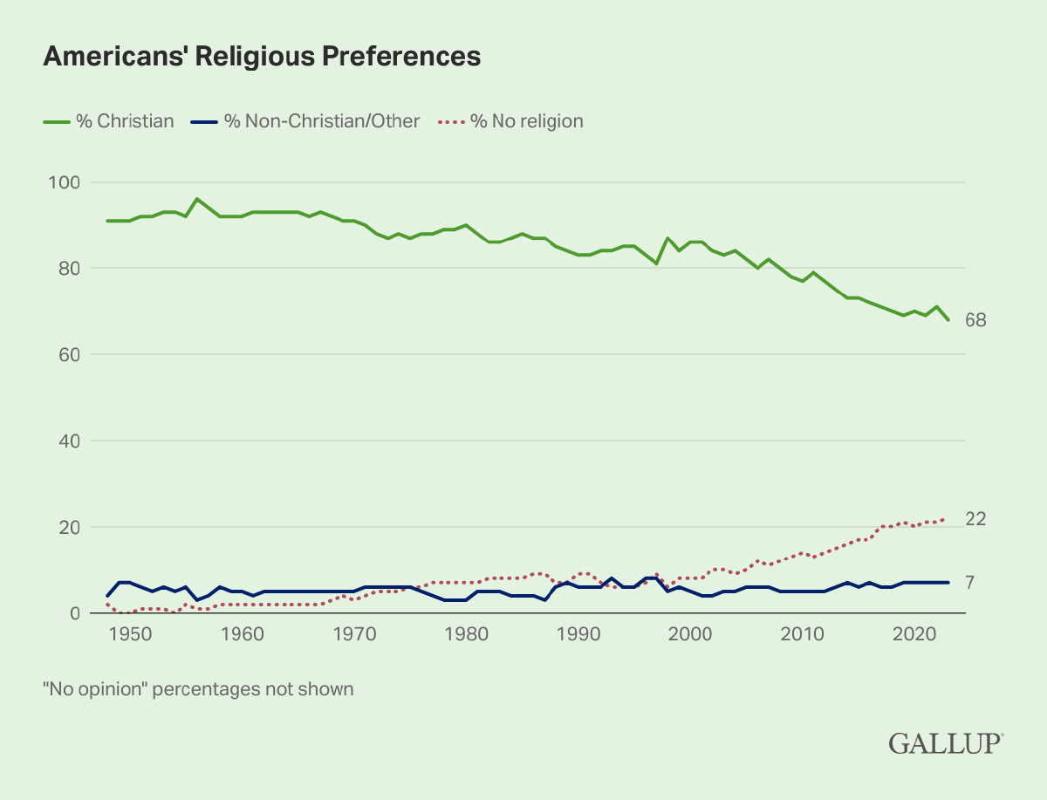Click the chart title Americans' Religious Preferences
262,56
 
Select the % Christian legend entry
109,121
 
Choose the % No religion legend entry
515,121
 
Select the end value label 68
975,320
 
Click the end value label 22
975,519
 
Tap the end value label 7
970,583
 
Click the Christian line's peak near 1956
197,199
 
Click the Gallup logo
946,743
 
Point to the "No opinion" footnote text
198,689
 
